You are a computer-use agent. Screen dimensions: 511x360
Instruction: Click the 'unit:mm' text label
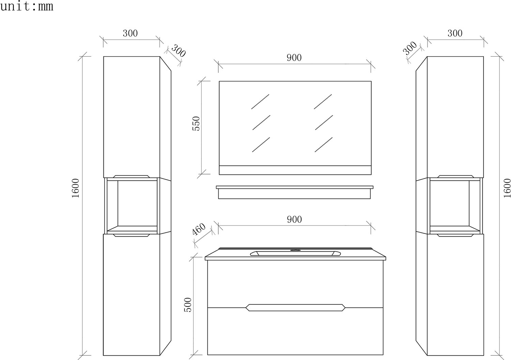coord(27,6)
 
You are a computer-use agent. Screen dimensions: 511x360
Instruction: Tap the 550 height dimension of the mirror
coord(196,123)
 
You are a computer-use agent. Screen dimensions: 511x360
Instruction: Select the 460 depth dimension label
coord(199,229)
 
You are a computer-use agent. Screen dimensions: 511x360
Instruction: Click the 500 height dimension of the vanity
coord(188,304)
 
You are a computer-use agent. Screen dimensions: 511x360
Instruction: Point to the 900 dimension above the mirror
coord(294,58)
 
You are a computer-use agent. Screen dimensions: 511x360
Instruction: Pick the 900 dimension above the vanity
coord(294,219)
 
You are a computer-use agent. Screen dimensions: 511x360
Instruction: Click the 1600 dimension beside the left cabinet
coord(76,188)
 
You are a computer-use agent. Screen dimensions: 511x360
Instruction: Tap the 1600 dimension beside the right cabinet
coord(507,188)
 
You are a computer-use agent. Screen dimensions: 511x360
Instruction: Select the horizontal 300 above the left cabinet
coord(130,33)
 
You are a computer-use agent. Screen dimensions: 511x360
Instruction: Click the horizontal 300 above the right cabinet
coord(455,33)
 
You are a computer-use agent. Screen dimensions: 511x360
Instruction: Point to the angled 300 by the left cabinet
coord(179,51)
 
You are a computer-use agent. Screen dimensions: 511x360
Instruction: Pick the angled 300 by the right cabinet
coord(410,48)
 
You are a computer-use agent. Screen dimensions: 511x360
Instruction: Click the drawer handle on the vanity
coord(295,308)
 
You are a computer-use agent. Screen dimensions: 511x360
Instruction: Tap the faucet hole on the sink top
coord(295,250)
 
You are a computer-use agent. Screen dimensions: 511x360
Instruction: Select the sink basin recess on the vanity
coord(295,253)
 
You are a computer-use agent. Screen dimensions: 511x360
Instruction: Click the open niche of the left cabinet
coord(131,206)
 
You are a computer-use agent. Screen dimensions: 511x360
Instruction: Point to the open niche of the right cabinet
coord(455,206)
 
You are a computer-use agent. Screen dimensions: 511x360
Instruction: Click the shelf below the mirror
coord(295,192)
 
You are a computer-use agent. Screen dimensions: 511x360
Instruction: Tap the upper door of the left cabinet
coord(131,117)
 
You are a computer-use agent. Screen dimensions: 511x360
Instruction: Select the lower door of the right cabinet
coord(455,295)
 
